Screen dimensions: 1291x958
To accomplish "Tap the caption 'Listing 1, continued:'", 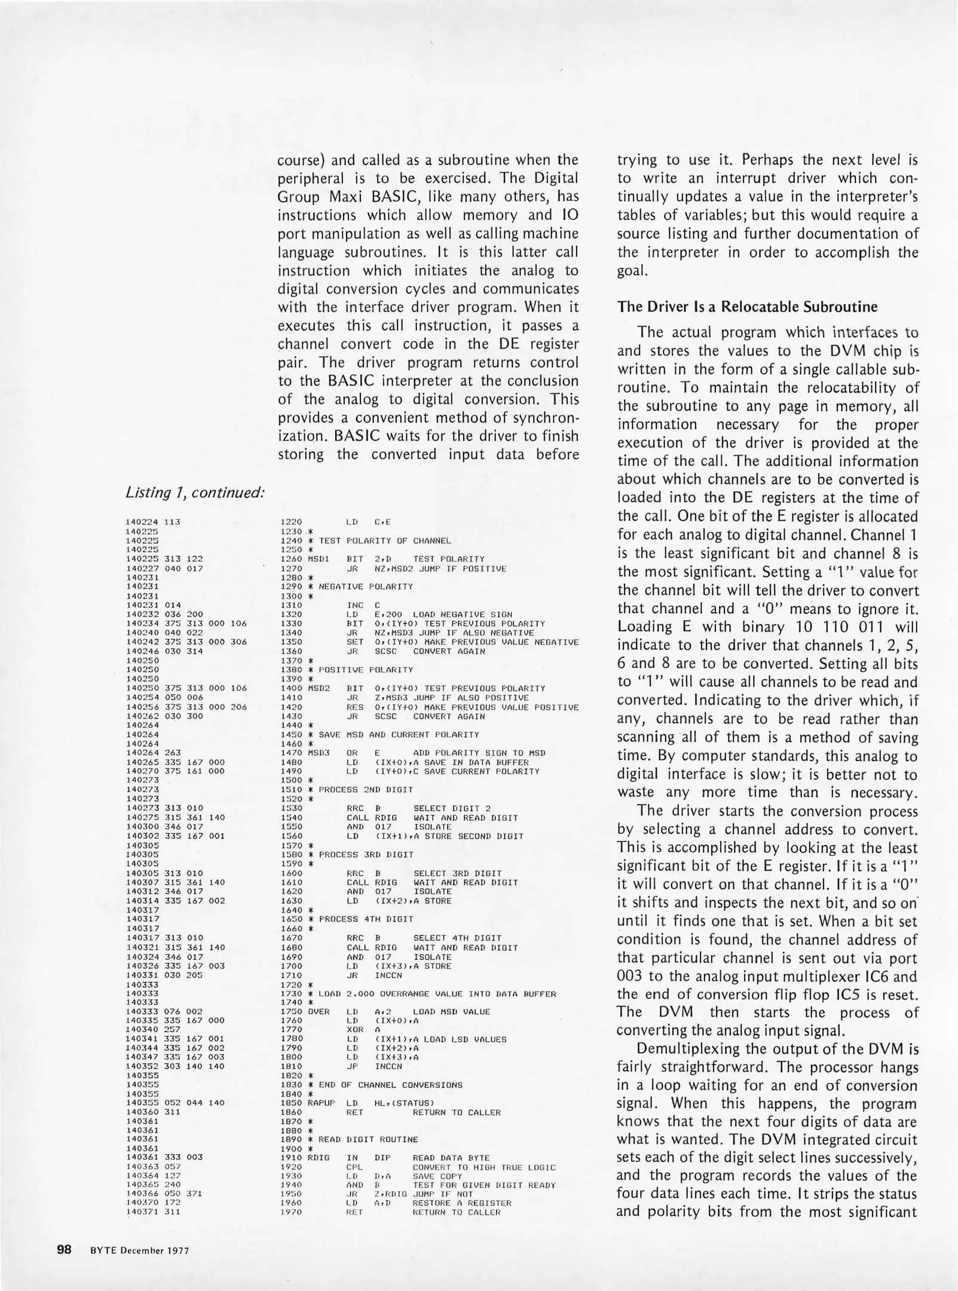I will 195,492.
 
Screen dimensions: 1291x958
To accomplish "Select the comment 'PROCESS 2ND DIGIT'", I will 366,790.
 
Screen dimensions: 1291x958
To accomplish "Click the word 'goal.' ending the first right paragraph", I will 632,270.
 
